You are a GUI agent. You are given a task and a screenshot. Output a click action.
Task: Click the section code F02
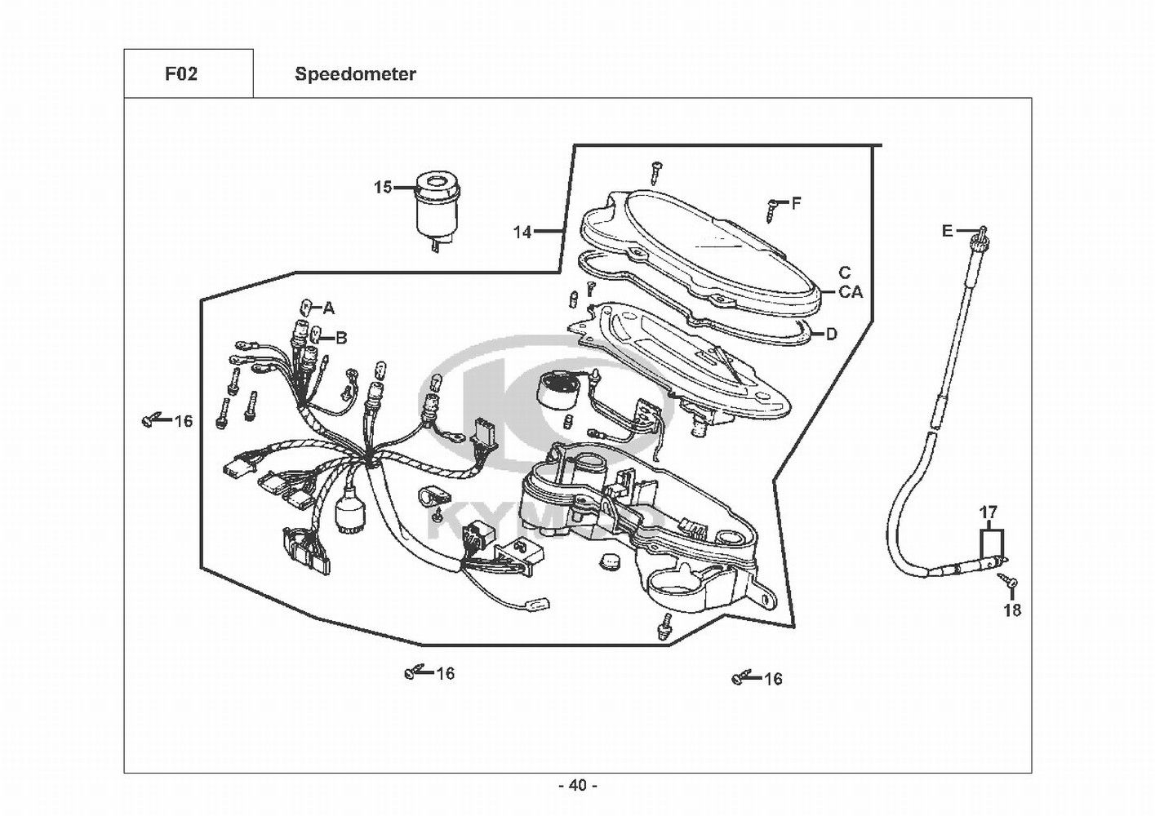click(x=181, y=74)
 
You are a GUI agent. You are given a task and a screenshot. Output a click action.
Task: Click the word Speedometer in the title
click(x=355, y=74)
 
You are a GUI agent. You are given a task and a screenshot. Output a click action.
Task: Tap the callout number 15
click(x=383, y=187)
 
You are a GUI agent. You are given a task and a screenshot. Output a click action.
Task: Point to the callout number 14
click(x=522, y=233)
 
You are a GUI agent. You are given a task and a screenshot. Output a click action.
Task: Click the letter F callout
click(x=796, y=204)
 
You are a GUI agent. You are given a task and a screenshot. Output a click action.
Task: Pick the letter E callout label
click(x=947, y=231)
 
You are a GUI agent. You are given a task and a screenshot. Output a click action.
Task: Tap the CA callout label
click(x=851, y=292)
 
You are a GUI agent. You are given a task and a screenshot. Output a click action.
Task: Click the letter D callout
click(x=831, y=335)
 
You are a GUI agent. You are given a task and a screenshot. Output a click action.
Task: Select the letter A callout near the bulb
click(x=328, y=308)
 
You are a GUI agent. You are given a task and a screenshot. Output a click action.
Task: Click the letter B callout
click(x=341, y=338)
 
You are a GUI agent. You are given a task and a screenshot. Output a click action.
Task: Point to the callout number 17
click(x=988, y=512)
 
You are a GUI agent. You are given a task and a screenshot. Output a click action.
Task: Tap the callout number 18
click(x=1012, y=610)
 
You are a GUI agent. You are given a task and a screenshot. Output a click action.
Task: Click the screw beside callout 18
click(x=1007, y=579)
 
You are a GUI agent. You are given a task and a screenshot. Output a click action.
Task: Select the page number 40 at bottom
click(x=578, y=786)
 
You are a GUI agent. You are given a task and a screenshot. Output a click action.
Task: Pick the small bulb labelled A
click(x=304, y=308)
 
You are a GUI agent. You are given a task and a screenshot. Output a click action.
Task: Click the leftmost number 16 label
click(x=183, y=421)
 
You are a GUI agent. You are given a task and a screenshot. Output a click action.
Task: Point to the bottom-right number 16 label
click(x=773, y=680)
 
